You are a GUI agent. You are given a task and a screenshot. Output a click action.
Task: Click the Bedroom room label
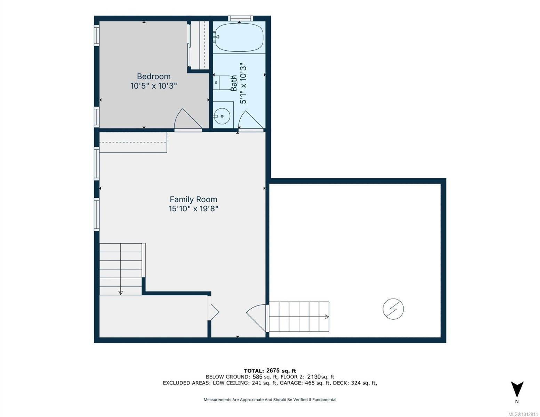pos(154,76)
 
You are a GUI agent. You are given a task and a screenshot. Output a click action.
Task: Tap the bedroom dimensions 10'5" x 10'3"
pos(154,86)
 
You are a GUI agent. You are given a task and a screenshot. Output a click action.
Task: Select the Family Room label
pos(193,199)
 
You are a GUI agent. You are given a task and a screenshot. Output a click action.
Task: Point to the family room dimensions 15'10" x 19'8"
pos(193,208)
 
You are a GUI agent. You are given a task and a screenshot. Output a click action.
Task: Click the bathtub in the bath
pos(239,37)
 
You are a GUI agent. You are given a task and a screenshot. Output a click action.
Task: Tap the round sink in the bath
pos(222,116)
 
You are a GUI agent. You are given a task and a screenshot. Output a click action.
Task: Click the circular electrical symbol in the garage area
pos(393,309)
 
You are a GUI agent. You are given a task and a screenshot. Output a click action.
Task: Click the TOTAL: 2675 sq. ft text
pos(270,371)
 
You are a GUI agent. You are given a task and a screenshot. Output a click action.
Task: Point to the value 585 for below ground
pos(257,377)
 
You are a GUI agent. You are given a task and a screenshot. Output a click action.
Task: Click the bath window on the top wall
pos(241,18)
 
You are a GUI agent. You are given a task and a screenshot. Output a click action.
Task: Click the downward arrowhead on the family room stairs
pos(121,293)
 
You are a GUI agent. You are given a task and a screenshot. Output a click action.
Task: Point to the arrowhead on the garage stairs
pos(327,317)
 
